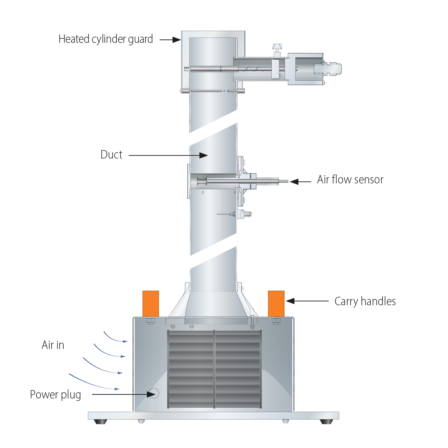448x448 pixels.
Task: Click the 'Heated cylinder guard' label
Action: pyautogui.click(x=106, y=39)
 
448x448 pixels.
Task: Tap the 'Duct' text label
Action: pyautogui.click(x=111, y=155)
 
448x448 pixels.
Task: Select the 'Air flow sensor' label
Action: pyautogui.click(x=350, y=180)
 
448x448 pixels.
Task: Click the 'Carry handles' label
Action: pyautogui.click(x=365, y=302)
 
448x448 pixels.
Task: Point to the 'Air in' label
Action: pyautogui.click(x=53, y=345)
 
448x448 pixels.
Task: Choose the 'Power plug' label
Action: pyautogui.click(x=55, y=395)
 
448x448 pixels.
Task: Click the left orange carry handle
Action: pyautogui.click(x=151, y=304)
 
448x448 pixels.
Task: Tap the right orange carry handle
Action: pyautogui.click(x=276, y=304)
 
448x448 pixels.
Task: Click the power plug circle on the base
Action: pyautogui.click(x=154, y=393)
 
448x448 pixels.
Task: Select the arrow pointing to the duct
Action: pyautogui.click(x=168, y=155)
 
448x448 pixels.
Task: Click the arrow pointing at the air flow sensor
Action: pyautogui.click(x=300, y=182)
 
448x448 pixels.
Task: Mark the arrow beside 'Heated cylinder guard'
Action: pyautogui.click(x=170, y=40)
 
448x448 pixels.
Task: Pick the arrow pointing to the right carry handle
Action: pyautogui.click(x=307, y=301)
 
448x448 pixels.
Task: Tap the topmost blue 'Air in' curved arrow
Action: pyautogui.click(x=115, y=338)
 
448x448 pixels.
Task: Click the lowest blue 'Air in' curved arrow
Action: pyautogui.click(x=92, y=383)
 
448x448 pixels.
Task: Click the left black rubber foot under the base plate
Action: pyautogui.click(x=101, y=421)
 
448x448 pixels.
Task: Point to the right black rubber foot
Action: pyautogui.click(x=326, y=421)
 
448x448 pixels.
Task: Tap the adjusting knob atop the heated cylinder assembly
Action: pyautogui.click(x=277, y=47)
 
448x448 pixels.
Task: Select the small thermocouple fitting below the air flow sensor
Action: pyautogui.click(x=241, y=214)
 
